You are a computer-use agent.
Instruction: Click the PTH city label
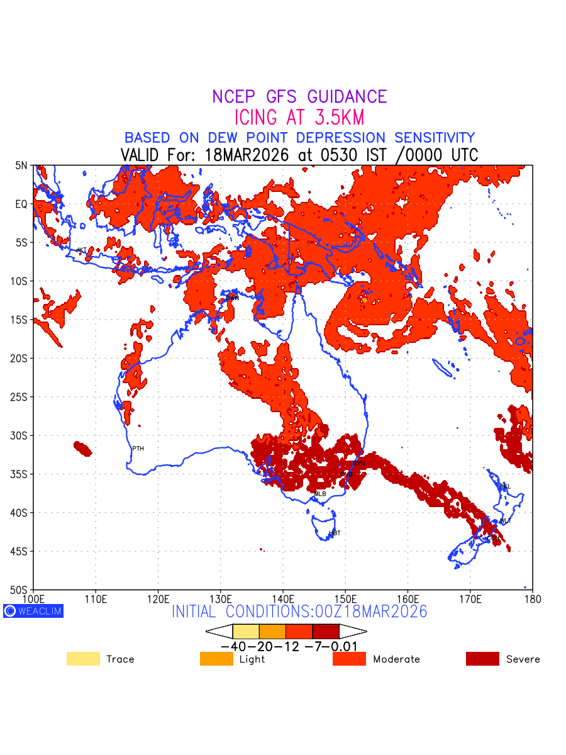[x=138, y=449]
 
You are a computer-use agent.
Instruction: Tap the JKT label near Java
[x=81, y=250]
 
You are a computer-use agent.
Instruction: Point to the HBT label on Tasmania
[x=335, y=533]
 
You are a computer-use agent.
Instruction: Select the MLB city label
[x=320, y=494]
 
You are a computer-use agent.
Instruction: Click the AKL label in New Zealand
[x=505, y=486]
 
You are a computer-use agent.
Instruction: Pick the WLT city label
[x=506, y=520]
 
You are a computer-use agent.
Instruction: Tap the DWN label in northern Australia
[x=233, y=297]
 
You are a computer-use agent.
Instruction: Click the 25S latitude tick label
[x=21, y=397]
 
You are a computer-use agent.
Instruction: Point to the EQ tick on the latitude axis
[x=21, y=204]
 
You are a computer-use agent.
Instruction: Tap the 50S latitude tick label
[x=21, y=590]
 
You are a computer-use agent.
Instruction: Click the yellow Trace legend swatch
[x=83, y=659]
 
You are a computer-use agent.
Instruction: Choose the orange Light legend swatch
[x=216, y=659]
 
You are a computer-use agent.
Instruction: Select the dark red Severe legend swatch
[x=482, y=659]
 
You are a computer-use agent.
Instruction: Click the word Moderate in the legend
[x=396, y=659]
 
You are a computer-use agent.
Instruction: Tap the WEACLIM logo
[x=33, y=611]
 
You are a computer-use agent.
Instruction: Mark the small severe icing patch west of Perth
[x=82, y=449]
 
